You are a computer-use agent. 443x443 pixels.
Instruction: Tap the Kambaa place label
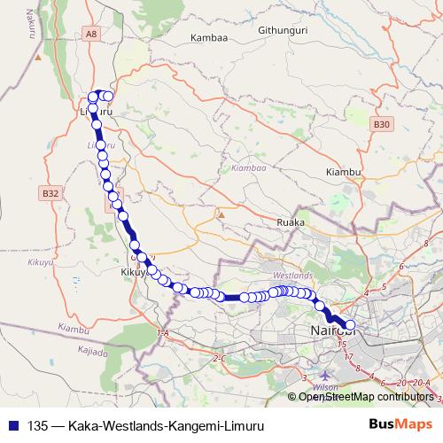209,39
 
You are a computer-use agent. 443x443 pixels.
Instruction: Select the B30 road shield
382,125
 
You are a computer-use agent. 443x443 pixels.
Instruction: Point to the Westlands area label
293,276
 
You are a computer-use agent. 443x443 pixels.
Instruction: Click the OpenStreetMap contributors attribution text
365,397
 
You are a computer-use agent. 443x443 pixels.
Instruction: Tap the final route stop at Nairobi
349,325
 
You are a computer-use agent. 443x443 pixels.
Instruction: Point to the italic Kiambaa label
248,167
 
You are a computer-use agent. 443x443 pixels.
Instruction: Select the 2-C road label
221,358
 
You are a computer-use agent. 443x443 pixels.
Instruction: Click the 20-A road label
419,381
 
